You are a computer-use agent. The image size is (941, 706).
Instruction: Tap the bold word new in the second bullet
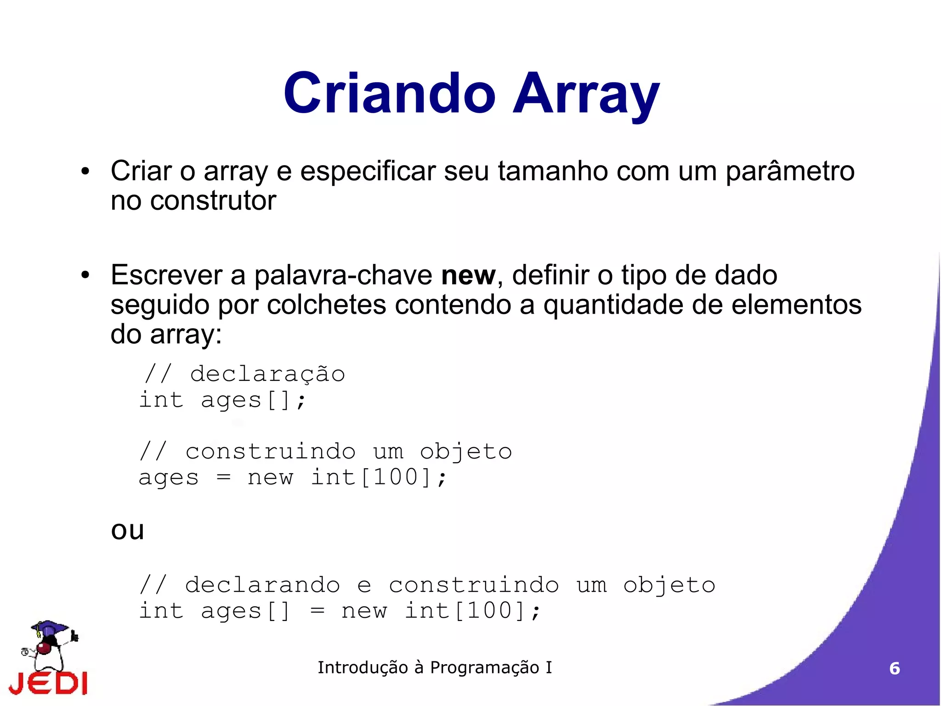468,276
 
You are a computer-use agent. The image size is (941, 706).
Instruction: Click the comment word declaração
267,373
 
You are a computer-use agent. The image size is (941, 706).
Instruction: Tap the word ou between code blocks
128,530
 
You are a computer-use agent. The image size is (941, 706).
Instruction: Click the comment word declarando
262,585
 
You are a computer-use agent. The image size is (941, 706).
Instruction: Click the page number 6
894,668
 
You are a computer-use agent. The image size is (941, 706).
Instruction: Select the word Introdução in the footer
363,667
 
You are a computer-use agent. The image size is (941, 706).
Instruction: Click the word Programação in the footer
484,667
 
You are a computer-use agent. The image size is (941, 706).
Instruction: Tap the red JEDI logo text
48,683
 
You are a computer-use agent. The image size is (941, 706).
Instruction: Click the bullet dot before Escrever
85,276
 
